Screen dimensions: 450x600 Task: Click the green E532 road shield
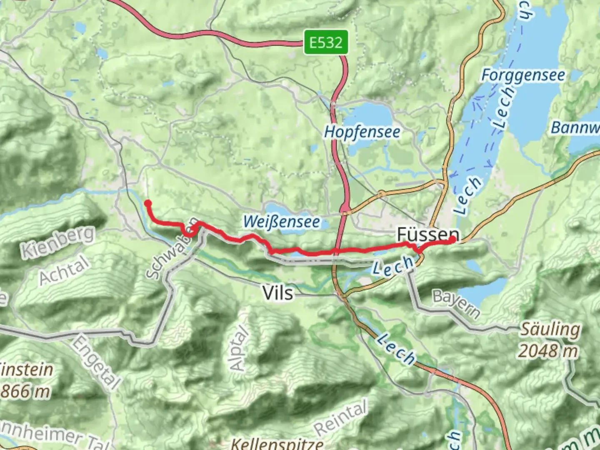point(325,42)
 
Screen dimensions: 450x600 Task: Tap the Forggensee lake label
point(523,75)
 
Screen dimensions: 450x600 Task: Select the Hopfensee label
point(362,132)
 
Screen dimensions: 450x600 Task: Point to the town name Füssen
point(428,235)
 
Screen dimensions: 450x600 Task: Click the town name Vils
point(278,293)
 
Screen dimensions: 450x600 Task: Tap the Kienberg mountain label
point(58,242)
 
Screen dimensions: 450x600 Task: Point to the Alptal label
point(239,348)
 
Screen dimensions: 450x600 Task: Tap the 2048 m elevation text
point(547,351)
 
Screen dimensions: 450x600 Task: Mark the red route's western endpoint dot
point(148,203)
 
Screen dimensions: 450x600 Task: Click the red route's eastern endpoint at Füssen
point(452,240)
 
